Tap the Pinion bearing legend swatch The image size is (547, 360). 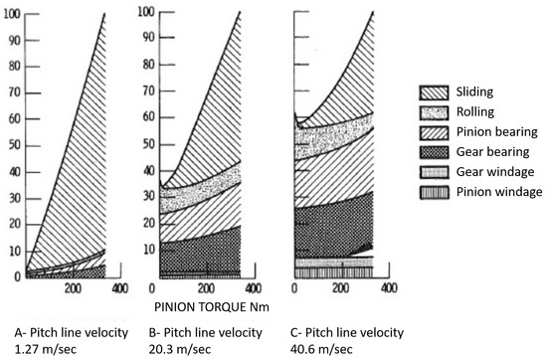(429, 132)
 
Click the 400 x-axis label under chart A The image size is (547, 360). (118, 288)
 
